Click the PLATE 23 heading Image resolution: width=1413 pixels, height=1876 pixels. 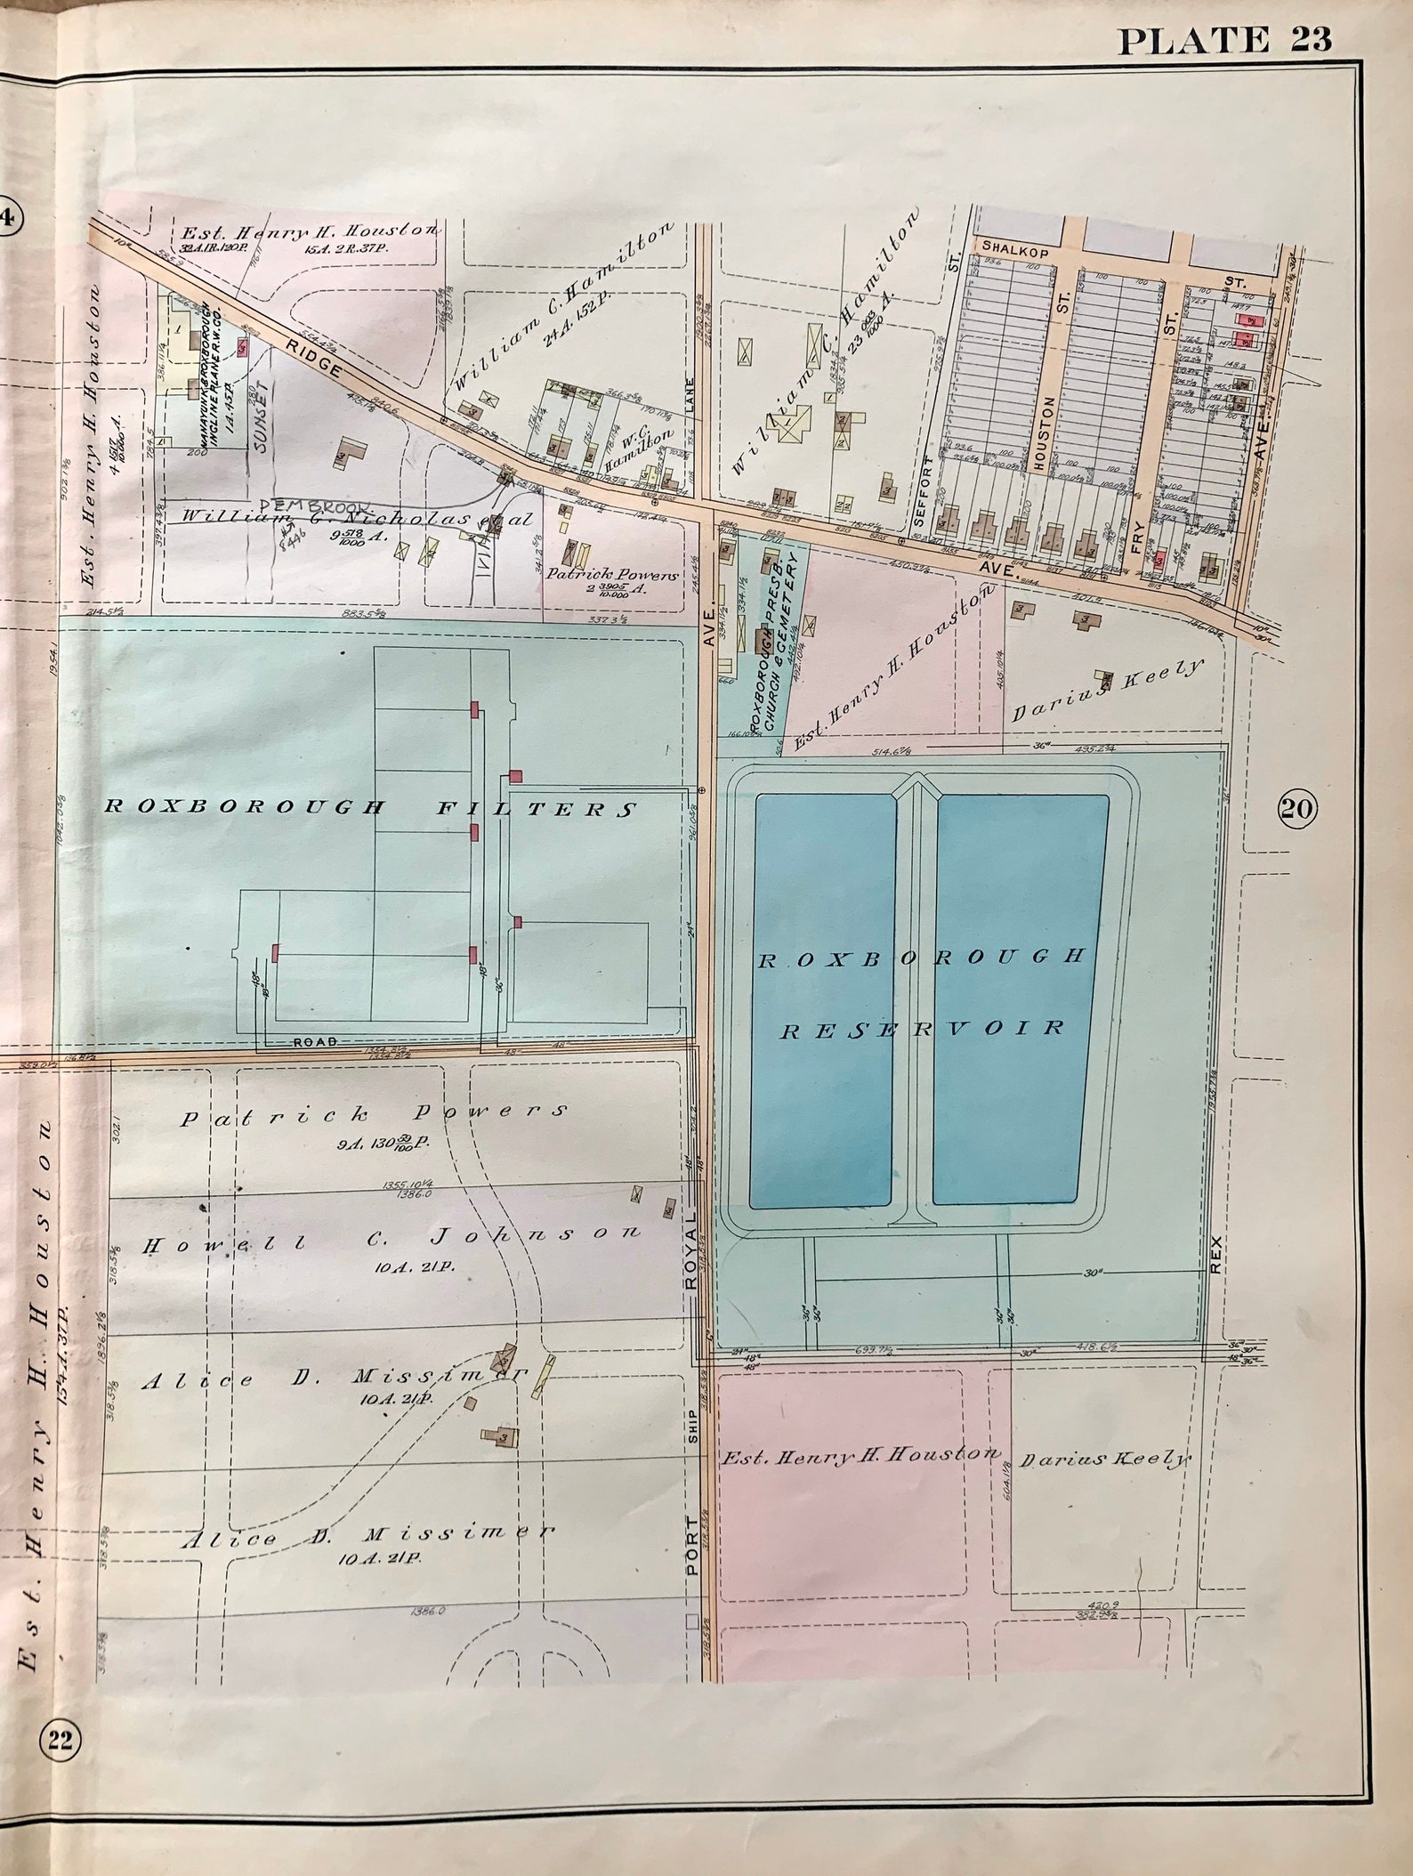(1224, 39)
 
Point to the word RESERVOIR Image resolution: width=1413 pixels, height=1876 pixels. (923, 1029)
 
